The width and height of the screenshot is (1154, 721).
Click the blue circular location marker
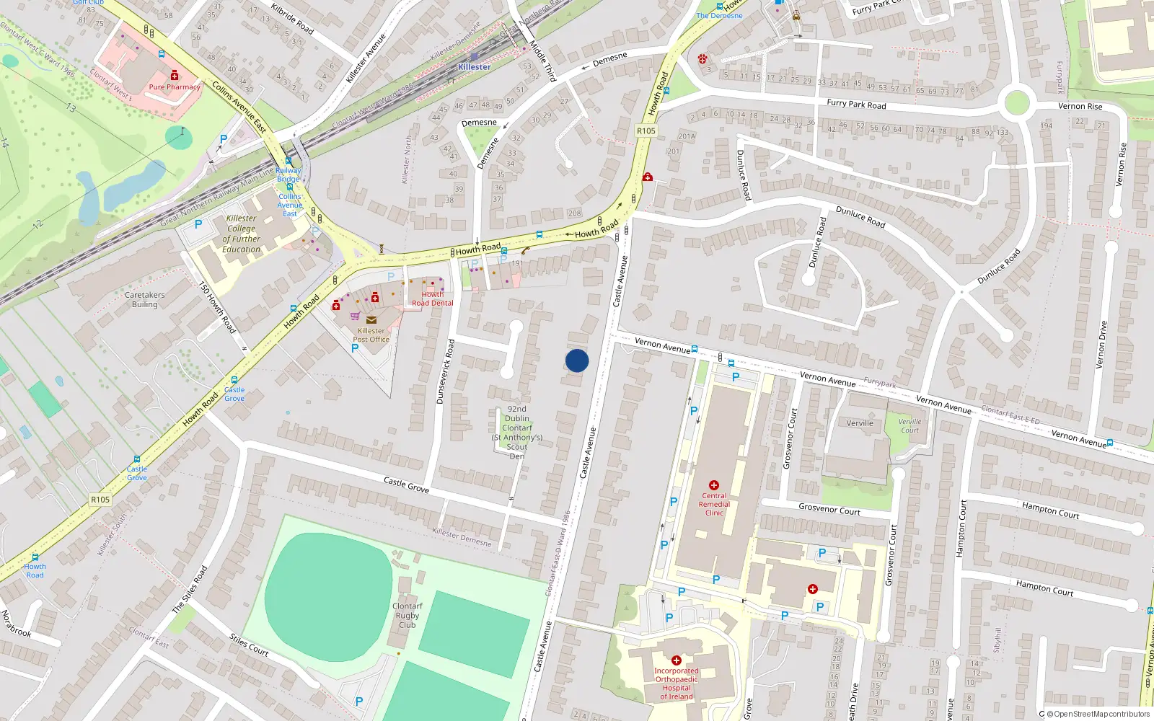click(x=577, y=360)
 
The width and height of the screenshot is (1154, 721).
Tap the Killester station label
click(x=474, y=67)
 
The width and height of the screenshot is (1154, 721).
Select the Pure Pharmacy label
click(x=175, y=87)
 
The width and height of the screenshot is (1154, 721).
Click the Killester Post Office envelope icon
click(x=371, y=320)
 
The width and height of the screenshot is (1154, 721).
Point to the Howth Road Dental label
click(x=433, y=298)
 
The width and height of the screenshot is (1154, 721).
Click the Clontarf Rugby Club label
click(x=408, y=615)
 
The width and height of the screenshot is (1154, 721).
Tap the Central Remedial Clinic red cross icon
click(x=714, y=485)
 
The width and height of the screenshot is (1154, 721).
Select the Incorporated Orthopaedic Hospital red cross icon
click(x=677, y=660)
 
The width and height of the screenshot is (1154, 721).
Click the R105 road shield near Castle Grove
click(x=100, y=500)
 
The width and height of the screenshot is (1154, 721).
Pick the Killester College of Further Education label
click(x=242, y=234)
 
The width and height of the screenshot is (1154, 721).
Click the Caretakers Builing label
click(x=145, y=299)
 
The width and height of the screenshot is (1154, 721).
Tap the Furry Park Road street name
click(x=856, y=105)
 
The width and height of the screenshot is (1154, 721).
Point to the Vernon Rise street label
click(x=1080, y=107)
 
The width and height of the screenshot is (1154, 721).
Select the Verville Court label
click(x=909, y=426)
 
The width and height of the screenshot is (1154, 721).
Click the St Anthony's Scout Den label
click(x=517, y=433)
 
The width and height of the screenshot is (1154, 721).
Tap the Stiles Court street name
click(x=249, y=645)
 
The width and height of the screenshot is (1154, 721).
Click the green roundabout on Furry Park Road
click(x=1016, y=102)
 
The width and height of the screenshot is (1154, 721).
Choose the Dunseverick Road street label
click(x=445, y=371)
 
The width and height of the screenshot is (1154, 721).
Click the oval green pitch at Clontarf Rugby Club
click(x=329, y=588)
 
